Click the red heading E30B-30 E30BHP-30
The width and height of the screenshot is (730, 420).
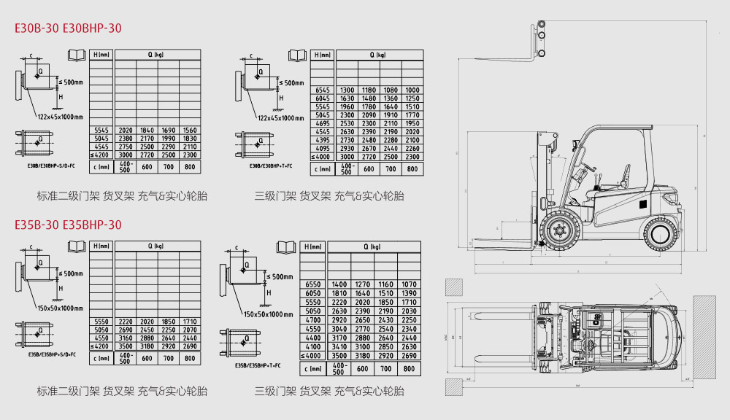pyautogui.click(x=69, y=28)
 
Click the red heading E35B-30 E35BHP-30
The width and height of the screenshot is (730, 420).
pyautogui.click(x=69, y=225)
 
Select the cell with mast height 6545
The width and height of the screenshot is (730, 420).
pyautogui.click(x=323, y=90)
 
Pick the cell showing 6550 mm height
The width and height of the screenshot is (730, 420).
pyautogui.click(x=313, y=284)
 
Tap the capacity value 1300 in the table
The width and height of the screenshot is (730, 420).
pyautogui.click(x=347, y=90)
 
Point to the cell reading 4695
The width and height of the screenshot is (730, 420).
pyautogui.click(x=323, y=123)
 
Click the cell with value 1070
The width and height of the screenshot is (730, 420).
pyautogui.click(x=409, y=284)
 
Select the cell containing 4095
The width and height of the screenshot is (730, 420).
pyautogui.click(x=323, y=148)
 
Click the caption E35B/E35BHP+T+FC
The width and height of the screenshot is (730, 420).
pyautogui.click(x=262, y=365)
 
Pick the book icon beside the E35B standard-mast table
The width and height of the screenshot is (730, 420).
pyautogui.click(x=75, y=246)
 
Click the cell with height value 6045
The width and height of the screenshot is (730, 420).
pyautogui.click(x=323, y=98)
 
